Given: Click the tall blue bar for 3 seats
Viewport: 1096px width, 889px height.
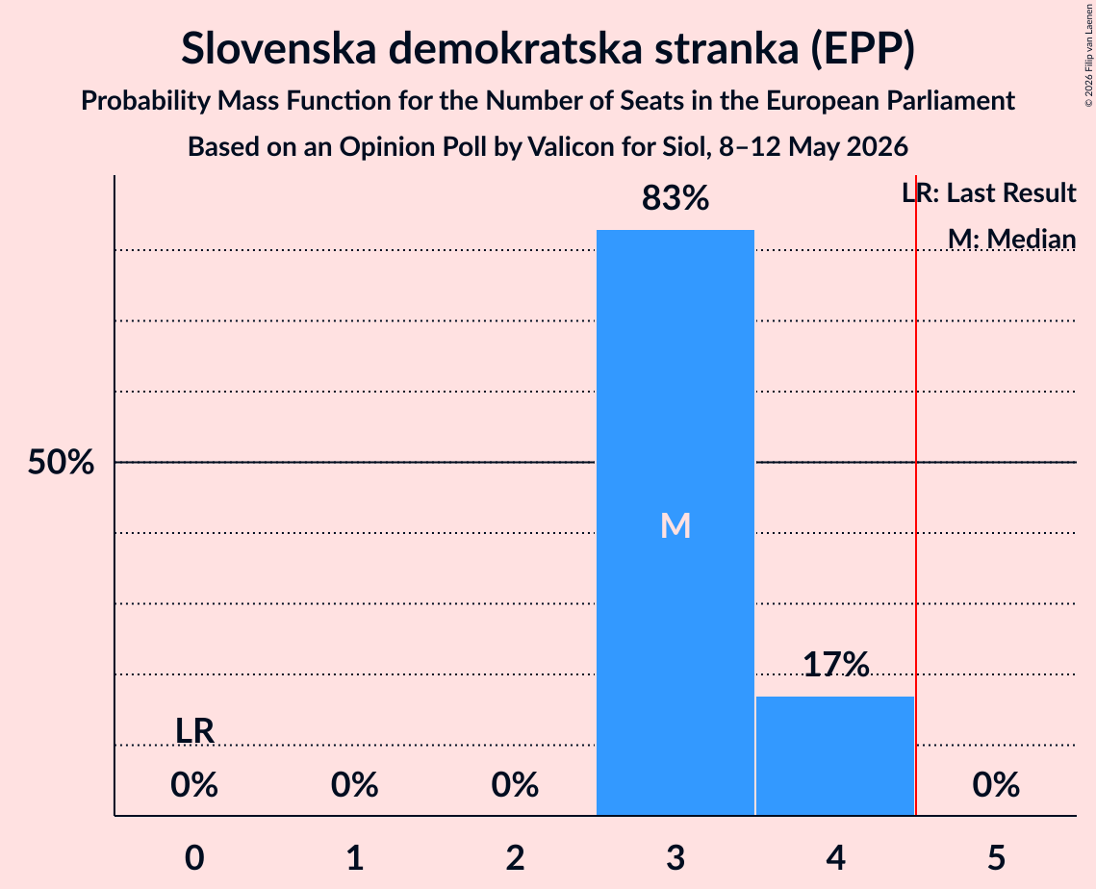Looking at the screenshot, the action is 675,522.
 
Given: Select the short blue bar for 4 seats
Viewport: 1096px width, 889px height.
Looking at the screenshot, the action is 835,755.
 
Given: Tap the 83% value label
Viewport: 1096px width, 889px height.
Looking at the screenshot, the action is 675,198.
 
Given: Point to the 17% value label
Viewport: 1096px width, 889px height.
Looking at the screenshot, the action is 835,664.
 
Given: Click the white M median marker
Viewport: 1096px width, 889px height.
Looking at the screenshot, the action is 675,525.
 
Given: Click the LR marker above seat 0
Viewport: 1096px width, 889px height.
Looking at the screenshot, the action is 194,731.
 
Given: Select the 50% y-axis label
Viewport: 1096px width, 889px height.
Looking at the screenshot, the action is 61,462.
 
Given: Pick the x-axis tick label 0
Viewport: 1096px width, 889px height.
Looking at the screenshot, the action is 194,857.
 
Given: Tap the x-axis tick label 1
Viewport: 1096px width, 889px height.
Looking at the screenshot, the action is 355,857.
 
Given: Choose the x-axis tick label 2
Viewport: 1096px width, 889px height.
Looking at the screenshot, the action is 515,857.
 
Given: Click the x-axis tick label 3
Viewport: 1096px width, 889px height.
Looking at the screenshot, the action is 675,857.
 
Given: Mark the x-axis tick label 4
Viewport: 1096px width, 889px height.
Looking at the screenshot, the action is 835,857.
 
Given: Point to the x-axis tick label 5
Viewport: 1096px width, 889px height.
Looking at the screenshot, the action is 996,857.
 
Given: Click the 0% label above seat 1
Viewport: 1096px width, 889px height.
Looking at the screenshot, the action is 355,785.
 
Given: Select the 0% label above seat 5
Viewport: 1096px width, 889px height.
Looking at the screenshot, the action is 996,785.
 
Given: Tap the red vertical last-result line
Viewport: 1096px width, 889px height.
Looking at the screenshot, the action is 916,495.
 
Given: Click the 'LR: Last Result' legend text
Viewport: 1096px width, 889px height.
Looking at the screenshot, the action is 989,192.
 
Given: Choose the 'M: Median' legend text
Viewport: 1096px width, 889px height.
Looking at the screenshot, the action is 1012,239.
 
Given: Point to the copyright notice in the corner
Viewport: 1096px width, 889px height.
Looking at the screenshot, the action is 1088,55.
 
